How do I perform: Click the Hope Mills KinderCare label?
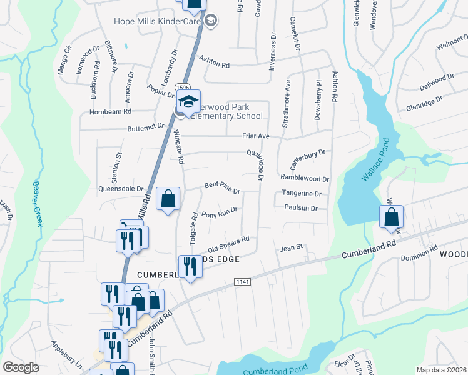tap(157, 21)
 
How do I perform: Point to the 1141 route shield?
tap(243, 282)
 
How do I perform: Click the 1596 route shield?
tap(183, 87)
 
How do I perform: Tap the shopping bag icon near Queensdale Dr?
tap(168, 200)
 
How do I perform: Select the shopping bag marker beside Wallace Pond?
tap(391, 217)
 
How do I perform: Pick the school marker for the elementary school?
tap(188, 102)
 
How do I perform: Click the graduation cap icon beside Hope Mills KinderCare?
tap(211, 21)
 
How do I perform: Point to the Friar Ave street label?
tap(255, 136)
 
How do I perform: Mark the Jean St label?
tap(291, 248)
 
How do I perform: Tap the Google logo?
tap(21, 367)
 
